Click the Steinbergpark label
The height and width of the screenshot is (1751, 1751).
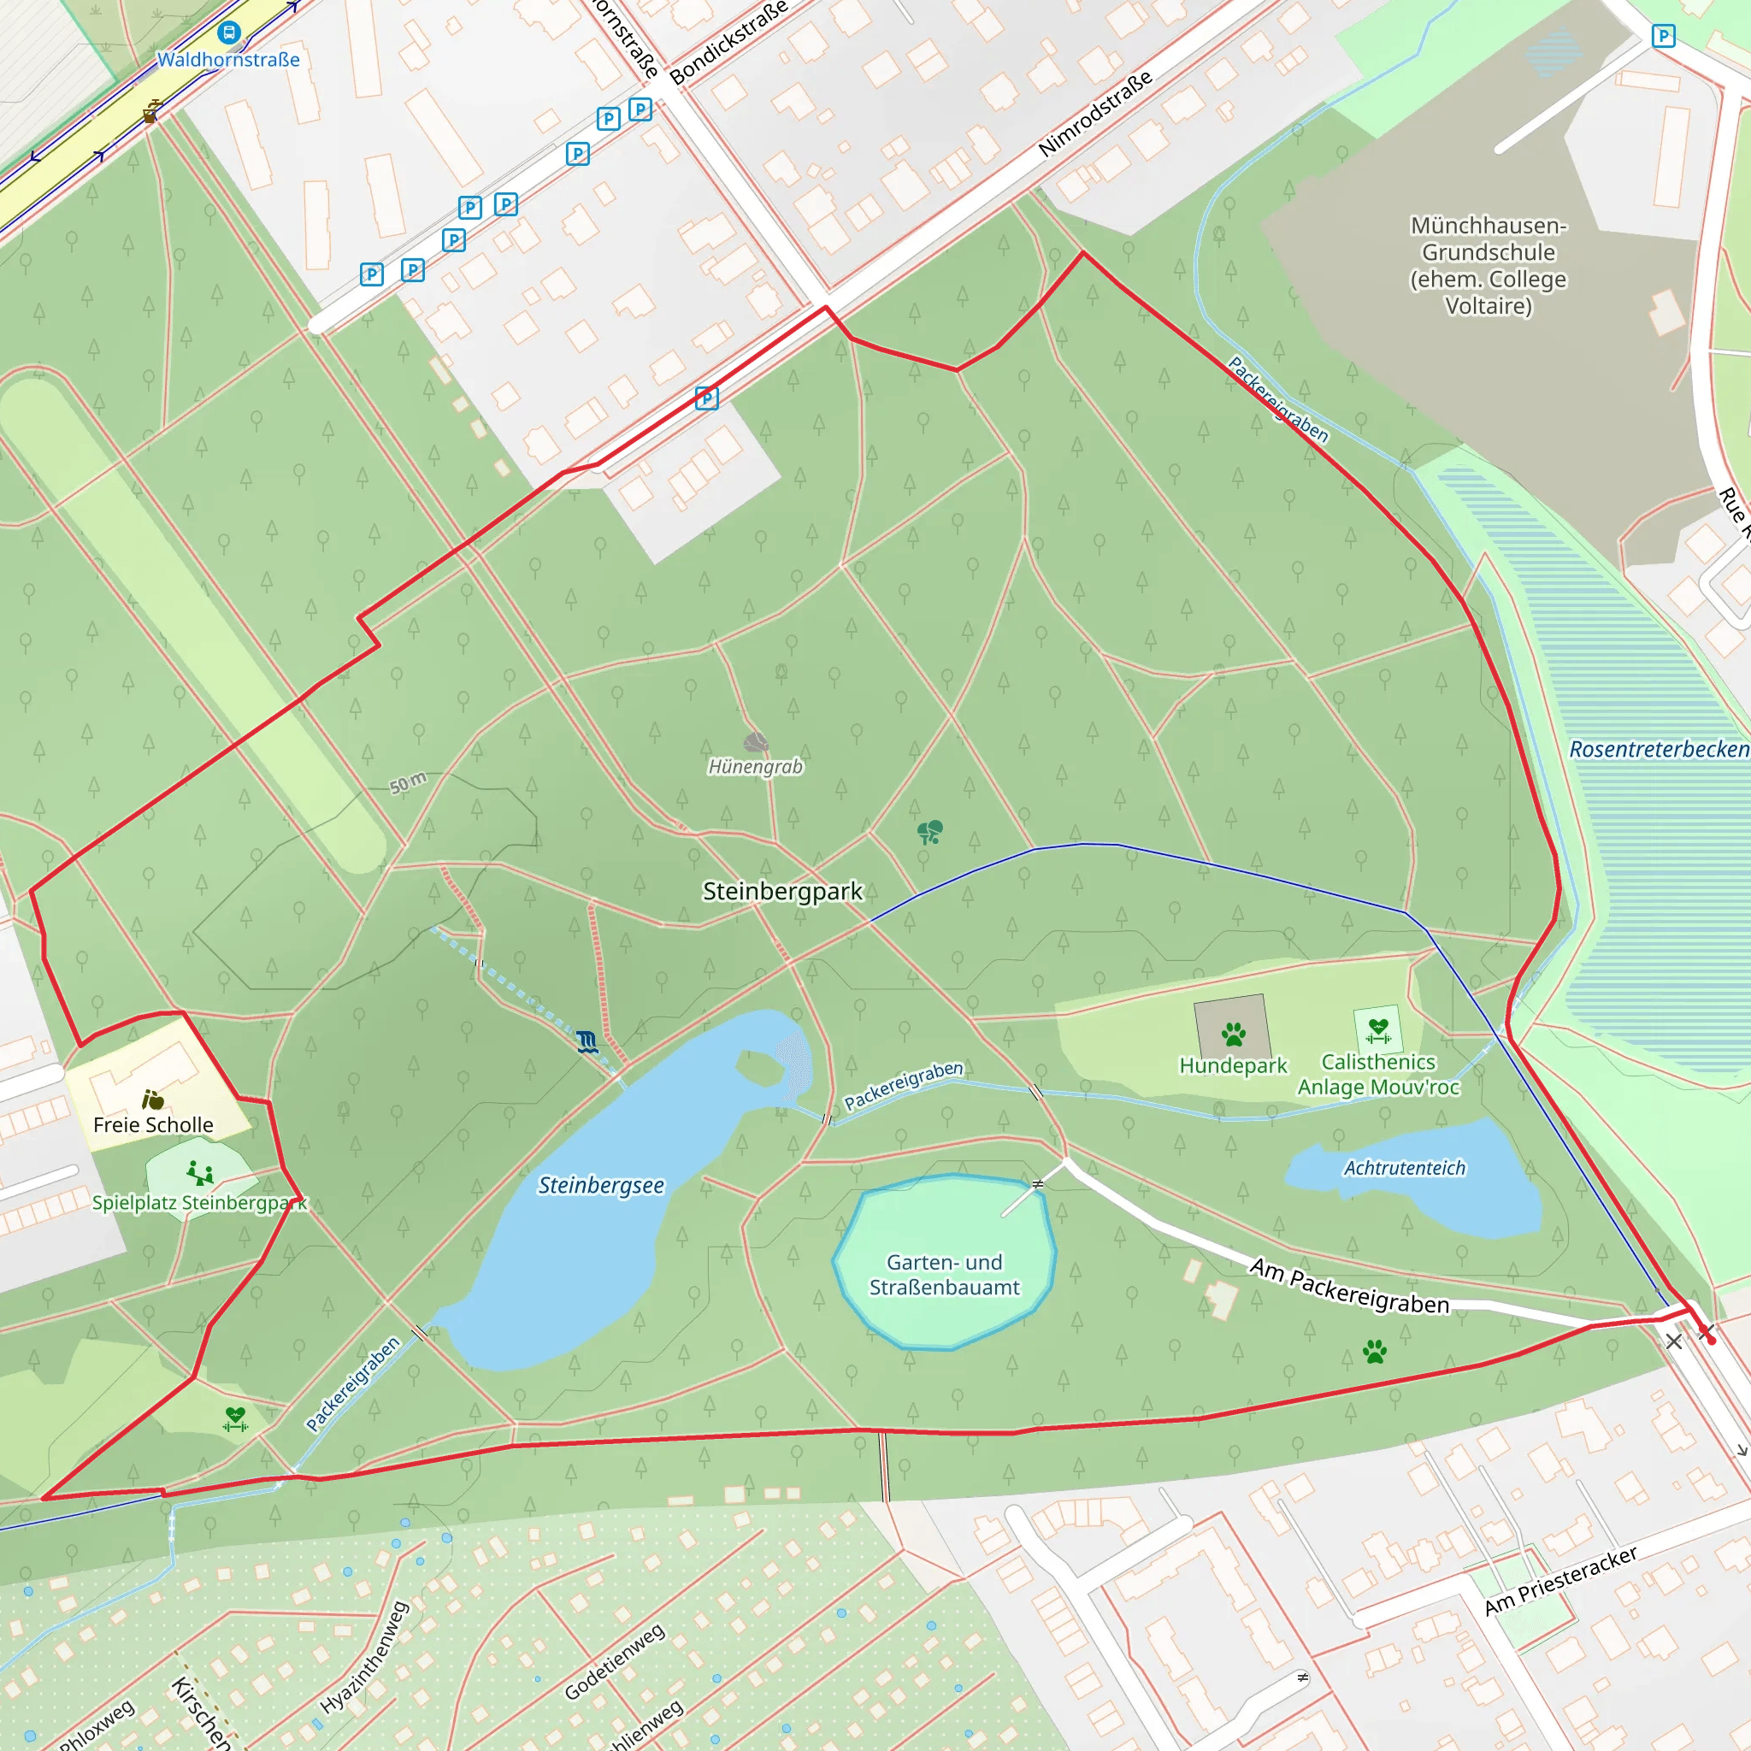pyautogui.click(x=782, y=891)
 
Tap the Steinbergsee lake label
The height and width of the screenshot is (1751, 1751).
pyautogui.click(x=601, y=1186)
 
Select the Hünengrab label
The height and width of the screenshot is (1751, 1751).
pyautogui.click(x=755, y=767)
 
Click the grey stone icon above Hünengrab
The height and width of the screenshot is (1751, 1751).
pyautogui.click(x=756, y=743)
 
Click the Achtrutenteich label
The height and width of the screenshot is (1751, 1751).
pyautogui.click(x=1404, y=1168)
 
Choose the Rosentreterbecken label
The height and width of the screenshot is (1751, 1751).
pyautogui.click(x=1659, y=750)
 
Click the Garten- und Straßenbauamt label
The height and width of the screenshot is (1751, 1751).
pyautogui.click(x=945, y=1274)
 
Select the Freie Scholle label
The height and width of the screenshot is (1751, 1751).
pyautogui.click(x=153, y=1125)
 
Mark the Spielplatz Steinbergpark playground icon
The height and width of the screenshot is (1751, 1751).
pyautogui.click(x=199, y=1174)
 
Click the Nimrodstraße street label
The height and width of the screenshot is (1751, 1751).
pyautogui.click(x=1095, y=114)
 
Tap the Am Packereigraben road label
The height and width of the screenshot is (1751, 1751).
pyautogui.click(x=1348, y=1285)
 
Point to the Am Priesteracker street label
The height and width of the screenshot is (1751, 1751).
pyautogui.click(x=1559, y=1581)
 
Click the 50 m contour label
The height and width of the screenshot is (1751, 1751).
pyautogui.click(x=408, y=782)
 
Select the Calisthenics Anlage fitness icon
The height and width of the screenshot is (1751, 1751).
pyautogui.click(x=1377, y=1029)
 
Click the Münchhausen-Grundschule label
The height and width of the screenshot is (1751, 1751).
pyautogui.click(x=1489, y=266)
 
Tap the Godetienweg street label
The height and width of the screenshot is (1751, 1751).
pyautogui.click(x=615, y=1661)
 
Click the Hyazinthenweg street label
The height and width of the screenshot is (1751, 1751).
pyautogui.click(x=364, y=1658)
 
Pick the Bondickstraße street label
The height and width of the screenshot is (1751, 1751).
pyautogui.click(x=728, y=43)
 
